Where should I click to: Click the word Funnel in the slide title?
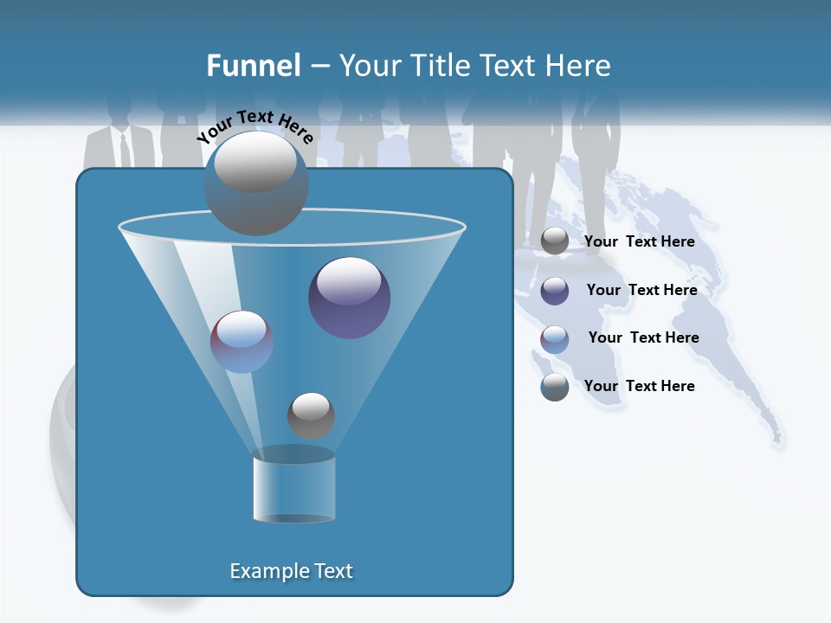(x=254, y=66)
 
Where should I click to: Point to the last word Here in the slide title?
(x=574, y=66)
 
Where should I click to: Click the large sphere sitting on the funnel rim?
(x=255, y=183)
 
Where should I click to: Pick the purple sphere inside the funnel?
(x=350, y=298)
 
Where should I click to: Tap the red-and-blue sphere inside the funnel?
(x=242, y=342)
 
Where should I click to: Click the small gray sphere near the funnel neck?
(x=311, y=415)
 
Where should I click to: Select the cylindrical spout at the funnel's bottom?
(x=293, y=487)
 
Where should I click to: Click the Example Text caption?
(x=292, y=571)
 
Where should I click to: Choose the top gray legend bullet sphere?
(x=555, y=241)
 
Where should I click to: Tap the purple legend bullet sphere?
(x=555, y=291)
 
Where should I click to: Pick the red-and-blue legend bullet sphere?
(x=555, y=339)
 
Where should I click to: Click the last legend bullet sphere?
(x=555, y=387)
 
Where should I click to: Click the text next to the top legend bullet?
(x=639, y=241)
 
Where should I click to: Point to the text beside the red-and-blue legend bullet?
(x=643, y=337)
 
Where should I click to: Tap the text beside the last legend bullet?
(x=639, y=386)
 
